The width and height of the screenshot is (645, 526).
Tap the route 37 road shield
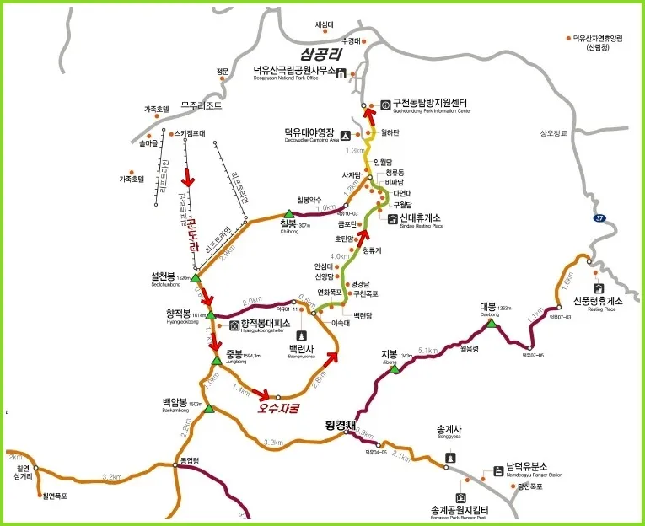pos(599,217)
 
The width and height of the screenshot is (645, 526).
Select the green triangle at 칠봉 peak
pos(288,214)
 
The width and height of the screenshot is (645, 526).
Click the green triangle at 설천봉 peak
pos(195,277)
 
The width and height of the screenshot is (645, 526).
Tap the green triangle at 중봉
pos(216,360)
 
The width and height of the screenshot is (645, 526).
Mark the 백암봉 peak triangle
pos(209,409)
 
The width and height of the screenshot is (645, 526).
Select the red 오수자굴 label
pos(279,408)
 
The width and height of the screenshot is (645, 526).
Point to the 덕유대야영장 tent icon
pos(344,134)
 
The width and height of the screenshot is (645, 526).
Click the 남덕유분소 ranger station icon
pos(498,470)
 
